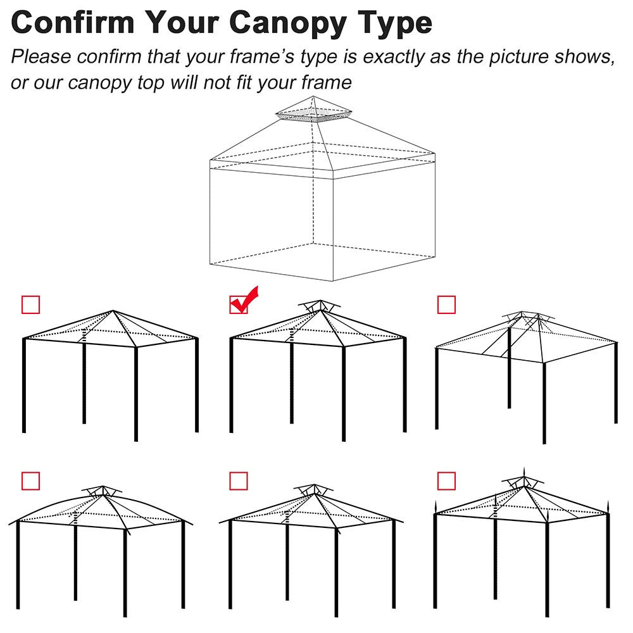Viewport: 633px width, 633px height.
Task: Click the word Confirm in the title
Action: [x=73, y=23]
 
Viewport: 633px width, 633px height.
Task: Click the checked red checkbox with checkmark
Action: [x=239, y=304]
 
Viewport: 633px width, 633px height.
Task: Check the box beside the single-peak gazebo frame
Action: [x=30, y=304]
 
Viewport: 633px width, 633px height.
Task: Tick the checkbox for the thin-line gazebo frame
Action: [x=446, y=304]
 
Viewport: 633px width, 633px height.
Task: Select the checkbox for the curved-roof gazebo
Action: [x=30, y=481]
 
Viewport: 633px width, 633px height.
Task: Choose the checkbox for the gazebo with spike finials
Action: [x=446, y=481]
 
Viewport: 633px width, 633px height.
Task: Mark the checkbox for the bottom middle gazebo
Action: [x=239, y=481]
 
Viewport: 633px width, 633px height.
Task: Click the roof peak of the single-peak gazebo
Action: [x=113, y=311]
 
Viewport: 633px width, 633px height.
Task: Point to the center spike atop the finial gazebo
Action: [x=523, y=473]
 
